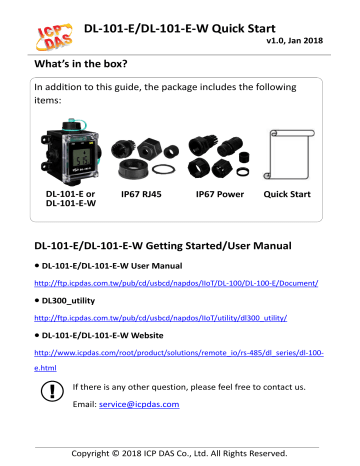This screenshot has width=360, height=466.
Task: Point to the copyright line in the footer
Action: coord(180,456)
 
